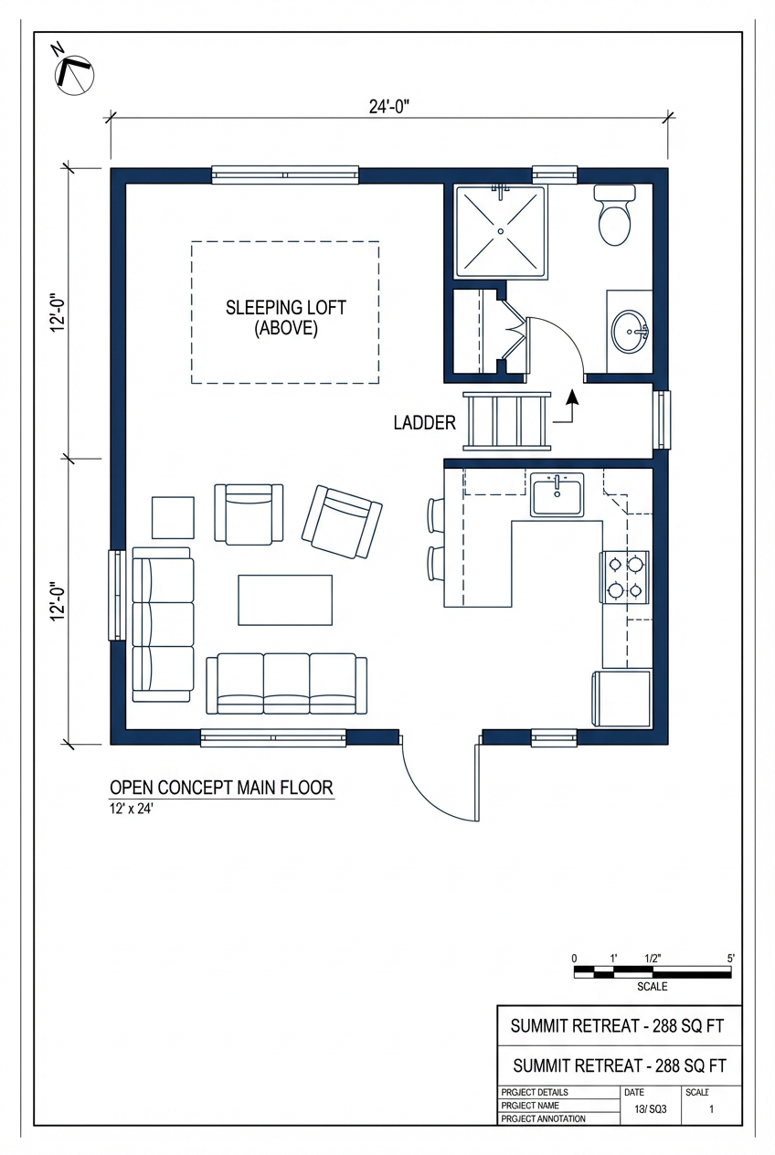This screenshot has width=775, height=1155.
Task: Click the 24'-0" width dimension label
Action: click(x=388, y=106)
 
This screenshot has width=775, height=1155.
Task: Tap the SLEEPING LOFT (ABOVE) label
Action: click(x=285, y=318)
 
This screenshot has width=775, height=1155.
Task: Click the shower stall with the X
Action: click(x=500, y=230)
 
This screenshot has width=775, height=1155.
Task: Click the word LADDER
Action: click(x=424, y=423)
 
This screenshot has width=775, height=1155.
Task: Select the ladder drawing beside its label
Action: click(x=507, y=421)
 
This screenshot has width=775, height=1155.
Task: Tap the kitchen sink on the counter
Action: click(x=557, y=495)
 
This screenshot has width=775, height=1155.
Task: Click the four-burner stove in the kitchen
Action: click(x=624, y=577)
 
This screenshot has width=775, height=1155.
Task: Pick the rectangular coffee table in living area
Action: click(x=285, y=599)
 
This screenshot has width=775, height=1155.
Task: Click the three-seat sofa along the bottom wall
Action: click(x=286, y=683)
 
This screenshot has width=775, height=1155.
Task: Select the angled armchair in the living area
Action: click(x=342, y=522)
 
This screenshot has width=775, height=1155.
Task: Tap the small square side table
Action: click(x=173, y=517)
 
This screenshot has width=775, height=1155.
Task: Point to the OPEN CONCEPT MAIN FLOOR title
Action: click(x=221, y=787)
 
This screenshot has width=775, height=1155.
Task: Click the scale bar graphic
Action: click(x=652, y=972)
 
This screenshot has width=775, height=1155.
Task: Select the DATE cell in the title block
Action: click(x=634, y=1092)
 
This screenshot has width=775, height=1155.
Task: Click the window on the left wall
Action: click(x=116, y=595)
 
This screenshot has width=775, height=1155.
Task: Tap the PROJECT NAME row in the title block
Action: click(x=535, y=1106)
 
